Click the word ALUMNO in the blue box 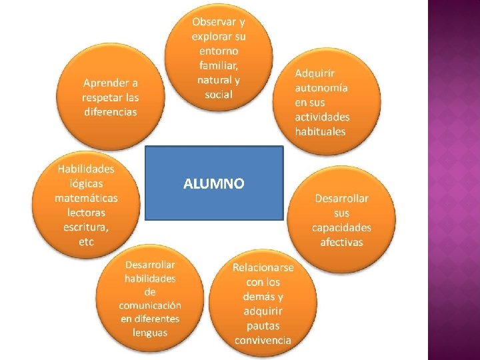[213, 183]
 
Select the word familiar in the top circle [218, 65]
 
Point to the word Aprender [110, 83]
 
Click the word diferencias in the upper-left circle [110, 111]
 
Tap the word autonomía [321, 87]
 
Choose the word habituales [321, 131]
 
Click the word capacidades [341, 227]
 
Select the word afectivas [341, 242]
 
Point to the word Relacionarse [263, 267]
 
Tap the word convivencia [263, 340]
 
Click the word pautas [263, 325]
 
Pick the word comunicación [150, 305]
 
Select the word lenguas [150, 332]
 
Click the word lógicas [86, 183]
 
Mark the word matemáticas [86, 198]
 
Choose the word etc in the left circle [86, 242]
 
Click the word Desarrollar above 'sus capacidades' [341, 199]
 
